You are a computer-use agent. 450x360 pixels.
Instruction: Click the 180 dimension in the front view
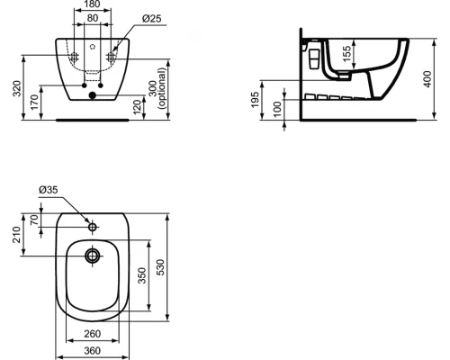[94, 5]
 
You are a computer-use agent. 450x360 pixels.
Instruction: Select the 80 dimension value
[94, 17]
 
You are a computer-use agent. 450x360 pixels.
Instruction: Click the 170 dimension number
[35, 100]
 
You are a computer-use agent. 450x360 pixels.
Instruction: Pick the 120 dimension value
[137, 105]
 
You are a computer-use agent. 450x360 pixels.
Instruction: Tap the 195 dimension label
[256, 99]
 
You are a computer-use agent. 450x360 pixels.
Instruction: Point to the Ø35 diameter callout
[48, 189]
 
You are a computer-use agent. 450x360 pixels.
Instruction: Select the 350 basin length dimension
[140, 275]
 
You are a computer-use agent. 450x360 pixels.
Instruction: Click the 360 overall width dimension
[93, 351]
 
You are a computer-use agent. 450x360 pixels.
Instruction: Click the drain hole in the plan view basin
[92, 256]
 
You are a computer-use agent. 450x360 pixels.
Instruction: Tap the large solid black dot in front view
[92, 95]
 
